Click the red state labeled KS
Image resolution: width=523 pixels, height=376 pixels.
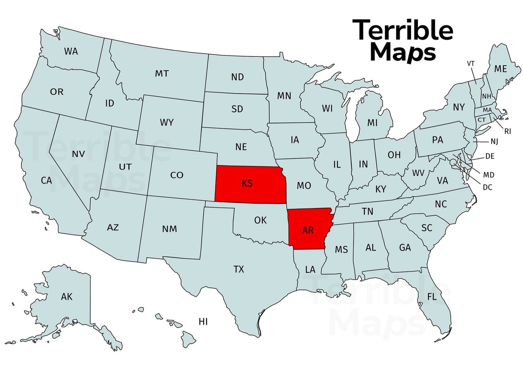(248, 184)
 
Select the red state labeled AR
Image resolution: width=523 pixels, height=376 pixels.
(308, 230)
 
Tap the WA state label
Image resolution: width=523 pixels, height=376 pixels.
(71, 51)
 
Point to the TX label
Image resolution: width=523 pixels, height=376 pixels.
(238, 269)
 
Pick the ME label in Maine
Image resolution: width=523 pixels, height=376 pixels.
(500, 68)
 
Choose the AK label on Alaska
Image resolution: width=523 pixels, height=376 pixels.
(67, 297)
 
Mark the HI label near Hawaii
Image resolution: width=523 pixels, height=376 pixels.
(203, 322)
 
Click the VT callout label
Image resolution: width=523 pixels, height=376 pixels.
(471, 63)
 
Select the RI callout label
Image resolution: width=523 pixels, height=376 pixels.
(507, 130)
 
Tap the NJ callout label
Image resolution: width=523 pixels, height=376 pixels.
(494, 141)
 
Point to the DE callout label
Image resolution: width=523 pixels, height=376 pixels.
(490, 156)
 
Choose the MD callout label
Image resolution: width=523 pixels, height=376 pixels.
(489, 175)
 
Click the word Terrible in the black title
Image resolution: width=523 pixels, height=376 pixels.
(402, 31)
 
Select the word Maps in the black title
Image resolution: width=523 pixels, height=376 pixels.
(405, 52)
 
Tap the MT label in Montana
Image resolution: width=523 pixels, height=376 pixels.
(162, 74)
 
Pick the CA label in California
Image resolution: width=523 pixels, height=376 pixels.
(46, 180)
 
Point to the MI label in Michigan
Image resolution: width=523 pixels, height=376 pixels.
(372, 123)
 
